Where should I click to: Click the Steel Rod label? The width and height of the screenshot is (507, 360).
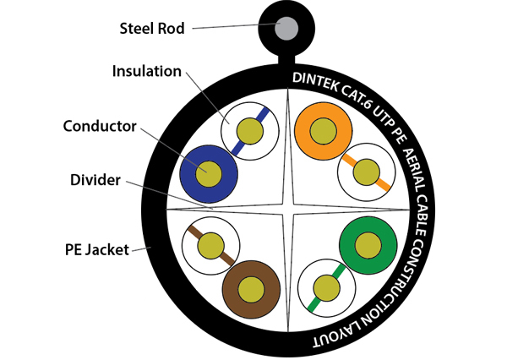[x=152, y=28]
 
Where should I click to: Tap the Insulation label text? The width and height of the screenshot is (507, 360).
[x=146, y=71]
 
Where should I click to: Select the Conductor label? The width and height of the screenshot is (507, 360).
[x=100, y=127]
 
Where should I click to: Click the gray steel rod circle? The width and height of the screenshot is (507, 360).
[x=286, y=25]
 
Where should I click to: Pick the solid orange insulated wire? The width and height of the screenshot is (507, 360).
[x=324, y=130]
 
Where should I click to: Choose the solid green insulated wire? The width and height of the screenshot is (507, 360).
[x=368, y=245]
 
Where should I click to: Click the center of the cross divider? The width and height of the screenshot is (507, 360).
[x=288, y=209]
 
